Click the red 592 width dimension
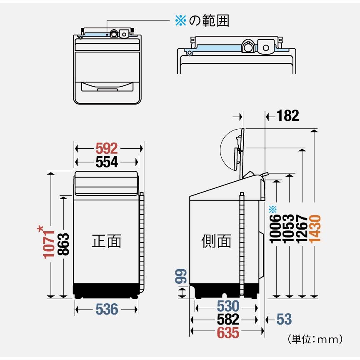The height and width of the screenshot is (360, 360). [107, 148]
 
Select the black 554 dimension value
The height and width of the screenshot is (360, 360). [107, 162]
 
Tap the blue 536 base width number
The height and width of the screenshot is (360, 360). [107, 309]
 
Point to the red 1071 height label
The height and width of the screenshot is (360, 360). [49, 244]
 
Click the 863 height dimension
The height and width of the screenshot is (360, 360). [63, 244]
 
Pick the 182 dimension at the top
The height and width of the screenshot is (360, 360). [287, 115]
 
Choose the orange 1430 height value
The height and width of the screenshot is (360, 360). [315, 229]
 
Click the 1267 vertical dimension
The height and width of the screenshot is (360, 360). [302, 229]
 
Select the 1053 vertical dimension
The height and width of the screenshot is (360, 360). [289, 229]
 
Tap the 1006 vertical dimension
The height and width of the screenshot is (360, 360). [275, 229]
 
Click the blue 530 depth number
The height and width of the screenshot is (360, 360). [228, 306]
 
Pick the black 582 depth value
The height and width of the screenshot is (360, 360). [228, 319]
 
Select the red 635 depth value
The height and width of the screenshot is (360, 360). [228, 332]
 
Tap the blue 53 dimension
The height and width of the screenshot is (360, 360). [284, 319]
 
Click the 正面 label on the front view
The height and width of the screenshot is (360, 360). [107, 241]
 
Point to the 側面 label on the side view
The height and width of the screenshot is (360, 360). [216, 241]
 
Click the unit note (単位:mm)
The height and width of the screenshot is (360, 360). [315, 339]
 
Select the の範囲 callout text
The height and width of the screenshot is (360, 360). [209, 20]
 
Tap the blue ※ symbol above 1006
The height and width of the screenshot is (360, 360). [273, 209]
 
